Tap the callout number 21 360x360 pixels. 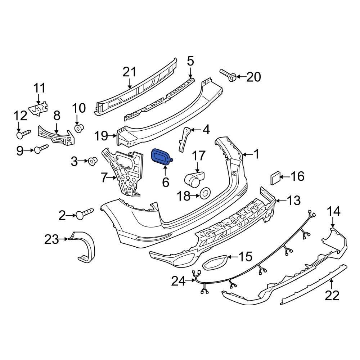(130, 72)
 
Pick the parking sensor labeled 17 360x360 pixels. (194, 178)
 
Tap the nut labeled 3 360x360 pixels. (93, 161)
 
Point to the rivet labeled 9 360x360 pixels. (40, 149)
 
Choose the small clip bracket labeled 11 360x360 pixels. (39, 108)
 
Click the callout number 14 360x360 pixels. (334, 211)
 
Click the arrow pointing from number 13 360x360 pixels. (279, 201)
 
